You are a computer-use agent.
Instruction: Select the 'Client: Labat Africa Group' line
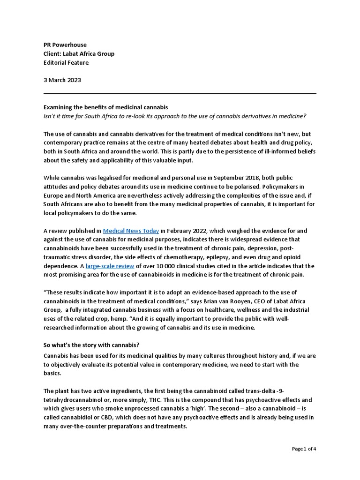[x=79, y=53]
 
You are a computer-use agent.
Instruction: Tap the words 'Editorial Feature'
[x=66, y=62]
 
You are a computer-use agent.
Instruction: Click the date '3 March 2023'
[x=62, y=80]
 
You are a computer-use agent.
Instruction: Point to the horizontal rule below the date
[x=180, y=93]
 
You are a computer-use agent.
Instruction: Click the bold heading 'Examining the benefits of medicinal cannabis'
[x=105, y=107]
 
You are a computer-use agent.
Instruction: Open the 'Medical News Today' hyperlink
[x=131, y=231]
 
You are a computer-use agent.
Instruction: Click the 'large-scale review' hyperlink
[x=110, y=266]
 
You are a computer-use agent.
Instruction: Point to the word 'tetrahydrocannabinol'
[x=73, y=400]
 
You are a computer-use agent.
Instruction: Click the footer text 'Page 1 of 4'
[x=304, y=449]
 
